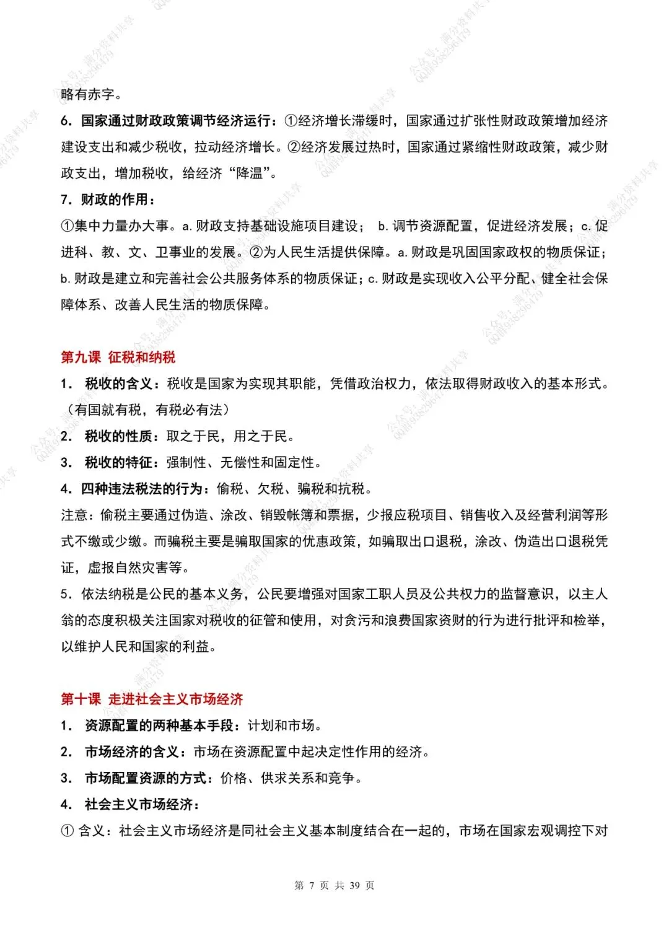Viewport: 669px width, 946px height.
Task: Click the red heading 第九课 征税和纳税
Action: tap(118, 357)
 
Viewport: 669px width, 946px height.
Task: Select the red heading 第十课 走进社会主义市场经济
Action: tap(152, 699)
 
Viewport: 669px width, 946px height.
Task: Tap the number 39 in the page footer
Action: tap(354, 885)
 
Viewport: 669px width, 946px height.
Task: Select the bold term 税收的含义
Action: tap(118, 384)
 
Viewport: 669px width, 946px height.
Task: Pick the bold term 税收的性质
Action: tap(118, 436)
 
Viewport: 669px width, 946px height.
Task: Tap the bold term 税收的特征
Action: tap(118, 463)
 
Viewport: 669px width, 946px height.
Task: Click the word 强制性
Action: tap(186, 463)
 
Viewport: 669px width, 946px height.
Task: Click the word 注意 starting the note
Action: tap(74, 515)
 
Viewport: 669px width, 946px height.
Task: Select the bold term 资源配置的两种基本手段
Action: tap(159, 725)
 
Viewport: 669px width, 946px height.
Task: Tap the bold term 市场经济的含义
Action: tap(131, 752)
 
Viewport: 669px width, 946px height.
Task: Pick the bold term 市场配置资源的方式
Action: tap(145, 778)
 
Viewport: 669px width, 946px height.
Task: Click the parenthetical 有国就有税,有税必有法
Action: tap(148, 410)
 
